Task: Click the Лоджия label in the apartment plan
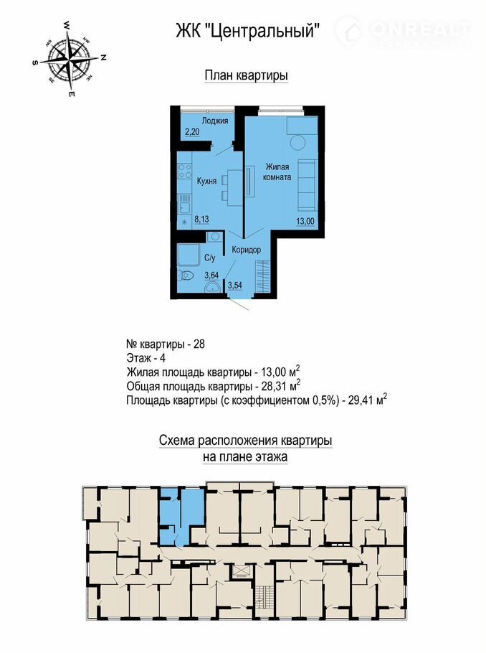click(215, 121)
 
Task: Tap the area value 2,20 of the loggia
click(192, 132)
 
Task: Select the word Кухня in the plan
click(206, 181)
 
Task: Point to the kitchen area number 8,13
click(201, 220)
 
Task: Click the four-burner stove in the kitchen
click(185, 172)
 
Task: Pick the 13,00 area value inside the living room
click(305, 222)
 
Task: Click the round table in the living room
click(298, 144)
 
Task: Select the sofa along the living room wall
click(308, 185)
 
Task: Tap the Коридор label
click(247, 250)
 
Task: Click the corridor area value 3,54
click(235, 286)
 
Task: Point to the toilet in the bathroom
click(185, 276)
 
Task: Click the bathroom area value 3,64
click(211, 276)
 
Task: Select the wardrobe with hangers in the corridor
click(263, 276)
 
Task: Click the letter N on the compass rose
click(104, 58)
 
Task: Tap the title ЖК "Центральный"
click(248, 30)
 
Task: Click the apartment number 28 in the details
click(199, 345)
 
